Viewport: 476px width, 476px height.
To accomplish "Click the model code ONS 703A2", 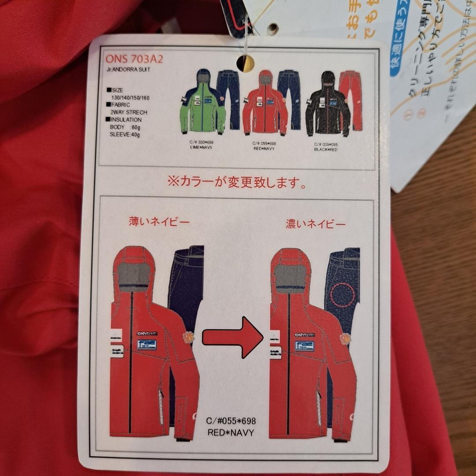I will tap(134, 59).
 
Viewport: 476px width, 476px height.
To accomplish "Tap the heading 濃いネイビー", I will tap(316, 224).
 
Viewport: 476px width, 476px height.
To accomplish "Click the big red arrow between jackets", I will tap(232, 337).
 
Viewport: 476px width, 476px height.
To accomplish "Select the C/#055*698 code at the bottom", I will tap(231, 421).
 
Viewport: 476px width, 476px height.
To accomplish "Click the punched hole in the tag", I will tap(245, 63).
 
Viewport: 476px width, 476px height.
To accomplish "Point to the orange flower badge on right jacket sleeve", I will tap(346, 338).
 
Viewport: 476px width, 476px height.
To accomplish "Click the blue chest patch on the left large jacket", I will tap(147, 344).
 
